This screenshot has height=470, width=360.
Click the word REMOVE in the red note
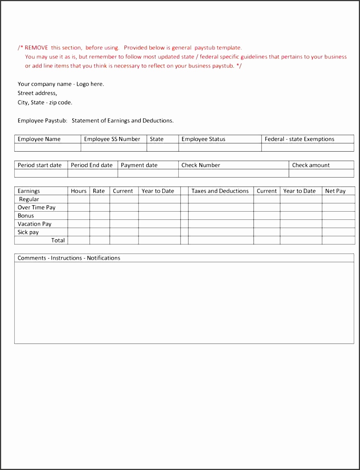[x=36, y=48]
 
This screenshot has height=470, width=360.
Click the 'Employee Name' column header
[x=39, y=139]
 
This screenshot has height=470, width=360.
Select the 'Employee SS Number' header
[x=112, y=139]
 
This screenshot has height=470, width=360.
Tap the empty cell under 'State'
[x=162, y=147]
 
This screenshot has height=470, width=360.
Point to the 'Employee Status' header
[x=203, y=139]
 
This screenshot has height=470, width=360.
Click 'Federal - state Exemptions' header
[x=299, y=139]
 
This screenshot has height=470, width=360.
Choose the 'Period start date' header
[x=39, y=165]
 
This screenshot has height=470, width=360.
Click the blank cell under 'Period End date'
[x=93, y=173]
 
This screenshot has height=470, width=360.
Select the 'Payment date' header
[x=139, y=165]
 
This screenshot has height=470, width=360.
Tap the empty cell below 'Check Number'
[x=233, y=173]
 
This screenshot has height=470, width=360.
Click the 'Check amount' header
[x=311, y=165]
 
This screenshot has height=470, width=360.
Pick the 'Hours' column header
[x=79, y=191]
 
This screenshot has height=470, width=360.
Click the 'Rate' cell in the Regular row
[x=100, y=199]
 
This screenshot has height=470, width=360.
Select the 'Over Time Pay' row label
[x=36, y=207]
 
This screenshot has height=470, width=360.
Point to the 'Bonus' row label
[x=26, y=216]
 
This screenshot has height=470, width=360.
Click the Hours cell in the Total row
[x=79, y=240]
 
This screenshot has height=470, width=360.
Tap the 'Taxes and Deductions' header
[x=220, y=191]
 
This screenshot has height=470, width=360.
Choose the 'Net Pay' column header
[x=335, y=191]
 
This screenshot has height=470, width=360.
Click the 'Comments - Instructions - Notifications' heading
[x=69, y=258]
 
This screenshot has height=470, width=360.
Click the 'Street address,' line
[x=37, y=93]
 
